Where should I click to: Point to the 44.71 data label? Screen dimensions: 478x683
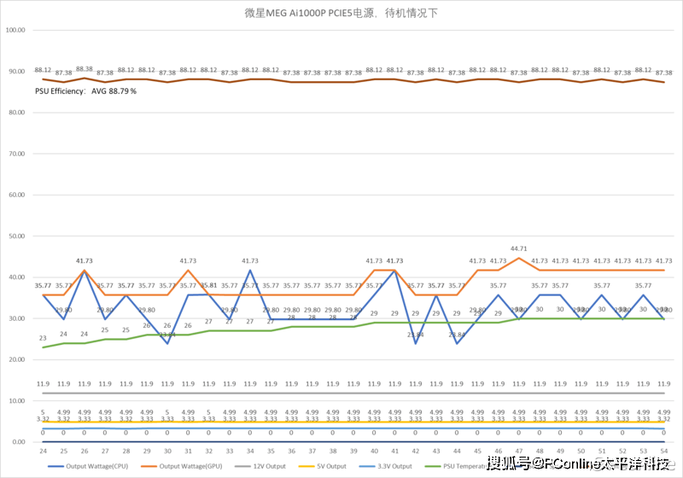click(x=518, y=249)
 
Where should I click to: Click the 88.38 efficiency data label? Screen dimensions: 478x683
click(x=85, y=68)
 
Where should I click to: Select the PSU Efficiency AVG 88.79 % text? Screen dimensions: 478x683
click(x=85, y=90)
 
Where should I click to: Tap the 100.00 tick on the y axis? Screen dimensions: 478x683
click(x=15, y=30)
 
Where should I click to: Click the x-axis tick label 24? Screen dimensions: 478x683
click(x=43, y=450)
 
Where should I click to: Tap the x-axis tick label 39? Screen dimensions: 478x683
click(x=353, y=450)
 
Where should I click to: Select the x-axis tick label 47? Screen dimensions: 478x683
click(x=519, y=450)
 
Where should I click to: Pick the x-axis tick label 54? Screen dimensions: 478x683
click(x=664, y=450)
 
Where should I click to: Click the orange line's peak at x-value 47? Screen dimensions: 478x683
click(x=519, y=258)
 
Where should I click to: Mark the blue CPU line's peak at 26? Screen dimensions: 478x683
click(x=85, y=271)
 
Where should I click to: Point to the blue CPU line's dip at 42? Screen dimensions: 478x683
click(x=416, y=343)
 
